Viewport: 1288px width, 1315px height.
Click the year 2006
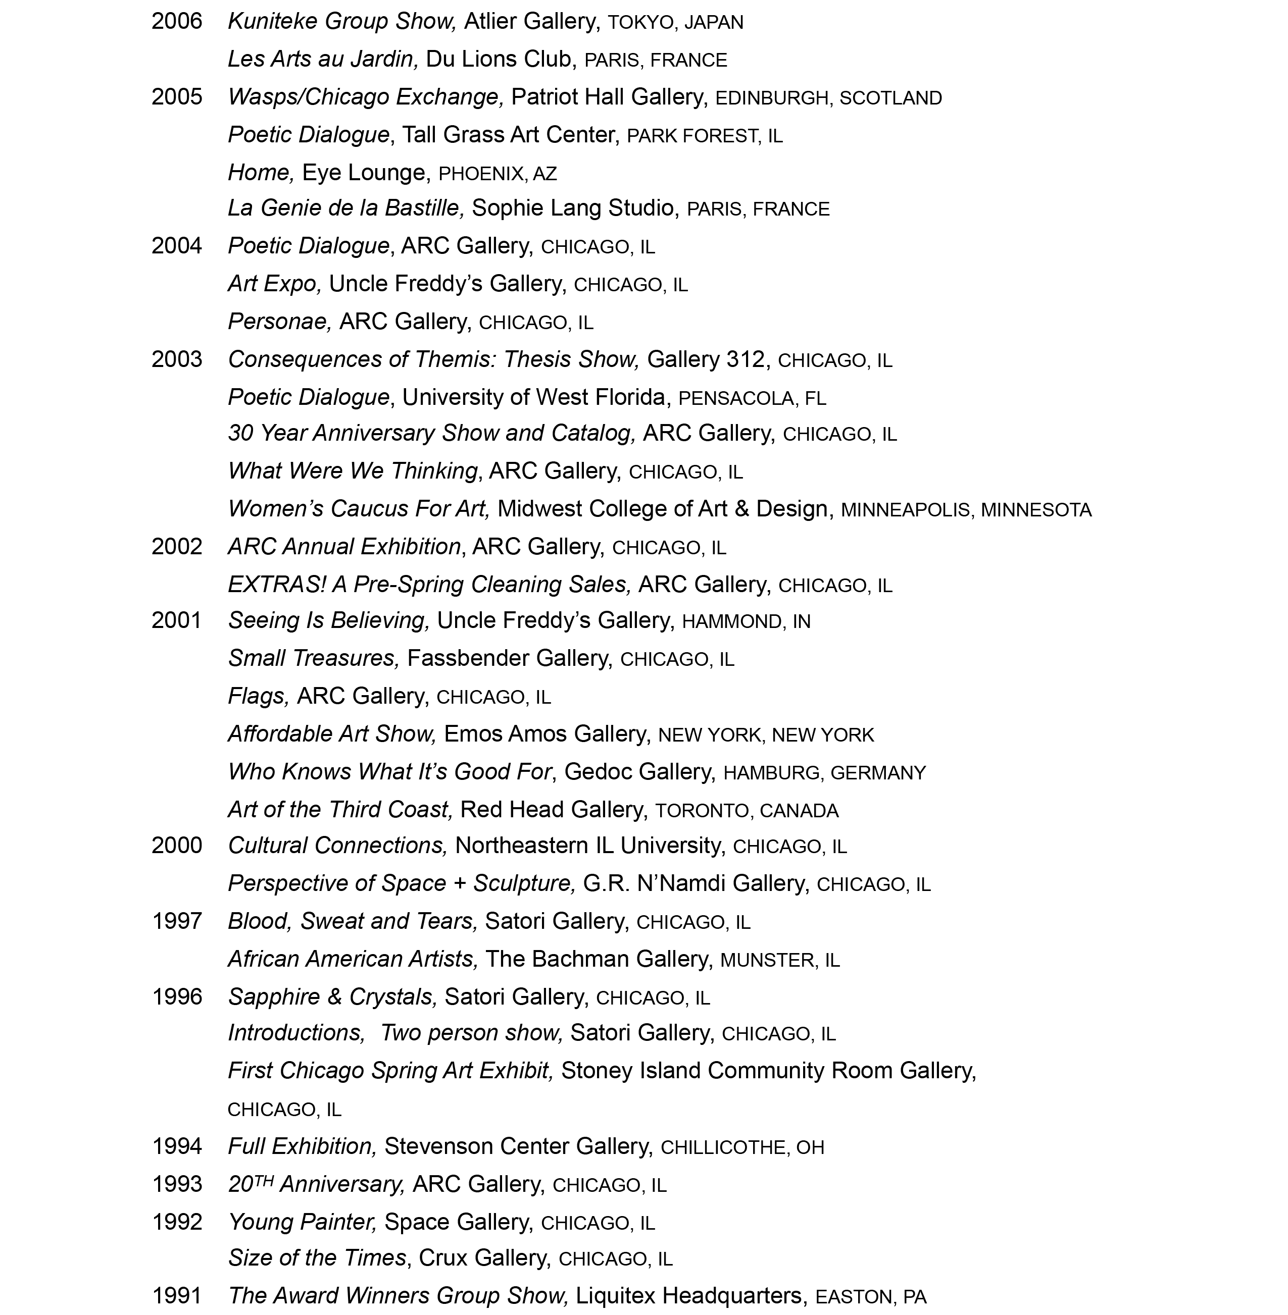tap(177, 22)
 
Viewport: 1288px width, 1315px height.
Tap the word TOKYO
tap(640, 23)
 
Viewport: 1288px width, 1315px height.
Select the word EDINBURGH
tap(771, 99)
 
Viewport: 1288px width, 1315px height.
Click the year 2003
tap(177, 360)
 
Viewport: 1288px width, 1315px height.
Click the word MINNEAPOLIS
tap(905, 510)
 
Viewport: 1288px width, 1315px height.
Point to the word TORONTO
tap(702, 811)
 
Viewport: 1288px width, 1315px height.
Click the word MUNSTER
tap(766, 961)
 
